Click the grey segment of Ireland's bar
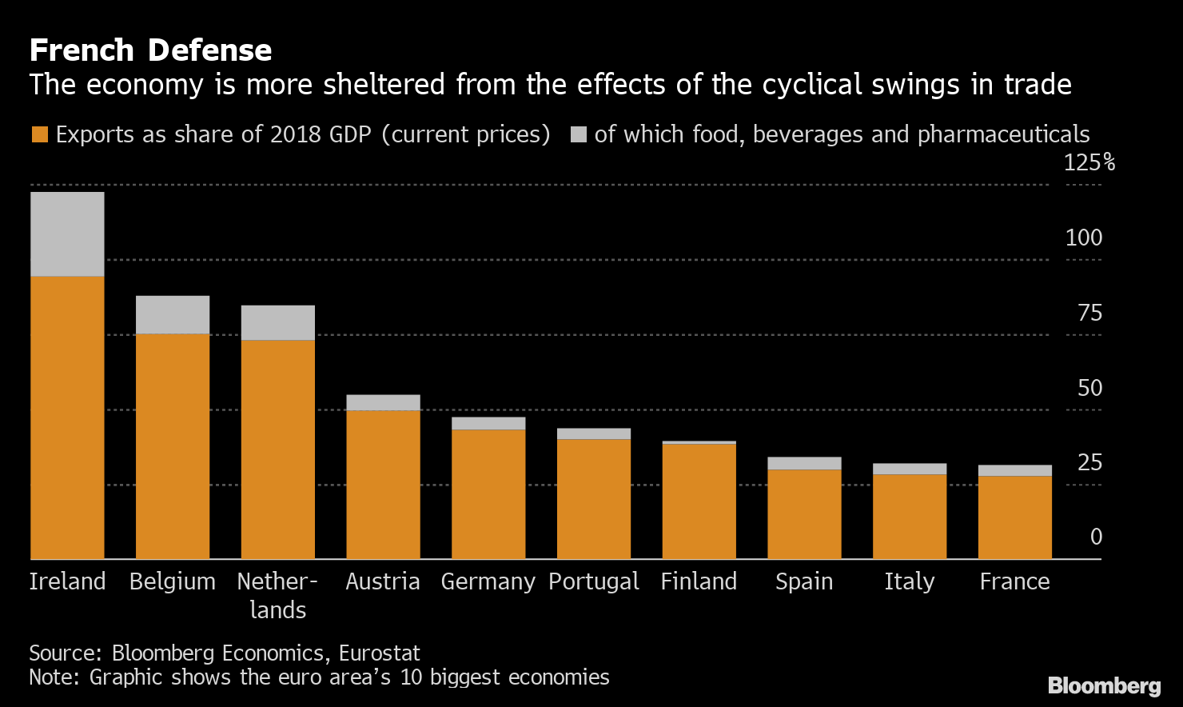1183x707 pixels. (67, 234)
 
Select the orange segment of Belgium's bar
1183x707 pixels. (173, 445)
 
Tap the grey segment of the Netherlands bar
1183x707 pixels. (277, 322)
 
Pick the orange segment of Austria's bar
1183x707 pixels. (383, 484)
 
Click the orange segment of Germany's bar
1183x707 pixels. (488, 493)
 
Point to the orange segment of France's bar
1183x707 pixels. (1014, 517)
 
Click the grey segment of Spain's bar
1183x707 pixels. (804, 463)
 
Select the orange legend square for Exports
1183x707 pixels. (40, 134)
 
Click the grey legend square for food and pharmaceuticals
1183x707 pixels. (579, 134)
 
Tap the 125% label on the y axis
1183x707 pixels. (1089, 163)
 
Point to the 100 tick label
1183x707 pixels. (1083, 238)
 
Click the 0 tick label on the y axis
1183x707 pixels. (1096, 537)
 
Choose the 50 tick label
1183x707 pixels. (1089, 388)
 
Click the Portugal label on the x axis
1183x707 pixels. (594, 581)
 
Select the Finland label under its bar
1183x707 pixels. (699, 581)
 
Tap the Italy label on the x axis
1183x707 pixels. (909, 581)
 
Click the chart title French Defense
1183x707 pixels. (150, 50)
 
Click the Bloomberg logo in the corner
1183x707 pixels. (1104, 685)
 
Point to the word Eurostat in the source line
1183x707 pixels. (380, 653)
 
